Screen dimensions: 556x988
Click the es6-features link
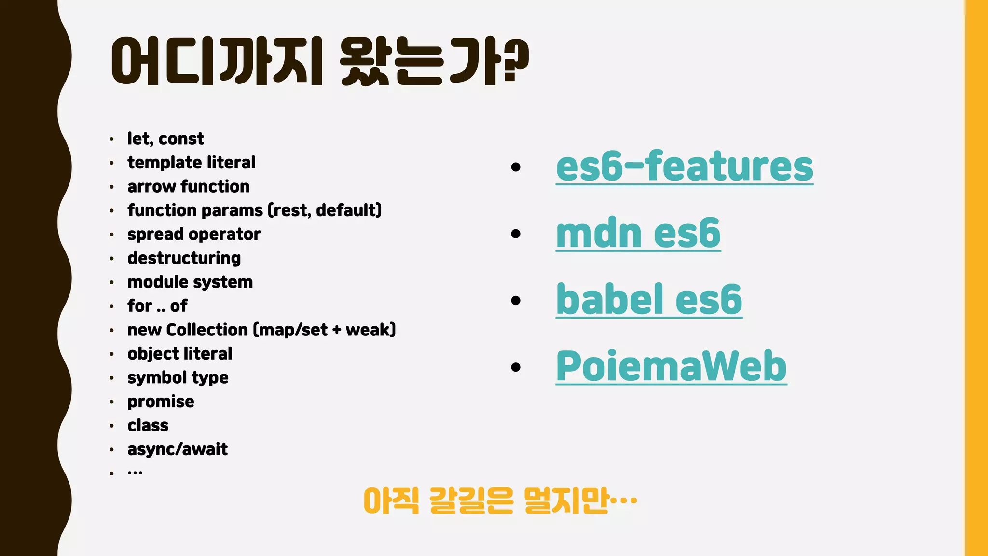point(684,167)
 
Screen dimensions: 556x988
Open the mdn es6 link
point(638,234)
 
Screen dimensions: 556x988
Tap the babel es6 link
point(649,300)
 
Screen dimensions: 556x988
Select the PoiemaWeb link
point(671,367)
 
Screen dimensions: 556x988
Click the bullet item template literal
point(192,163)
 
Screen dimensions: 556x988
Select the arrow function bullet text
point(189,187)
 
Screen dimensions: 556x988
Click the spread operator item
point(194,235)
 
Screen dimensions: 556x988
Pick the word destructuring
point(184,258)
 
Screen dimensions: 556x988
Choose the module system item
point(190,282)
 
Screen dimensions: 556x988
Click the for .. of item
point(157,306)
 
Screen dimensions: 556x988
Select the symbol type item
point(178,378)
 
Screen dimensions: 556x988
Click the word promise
point(161,402)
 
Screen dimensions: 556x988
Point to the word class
point(148,426)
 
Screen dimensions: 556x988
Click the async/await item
point(178,449)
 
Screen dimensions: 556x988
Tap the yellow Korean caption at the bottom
point(500,501)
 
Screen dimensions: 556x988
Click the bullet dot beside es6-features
point(516,167)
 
